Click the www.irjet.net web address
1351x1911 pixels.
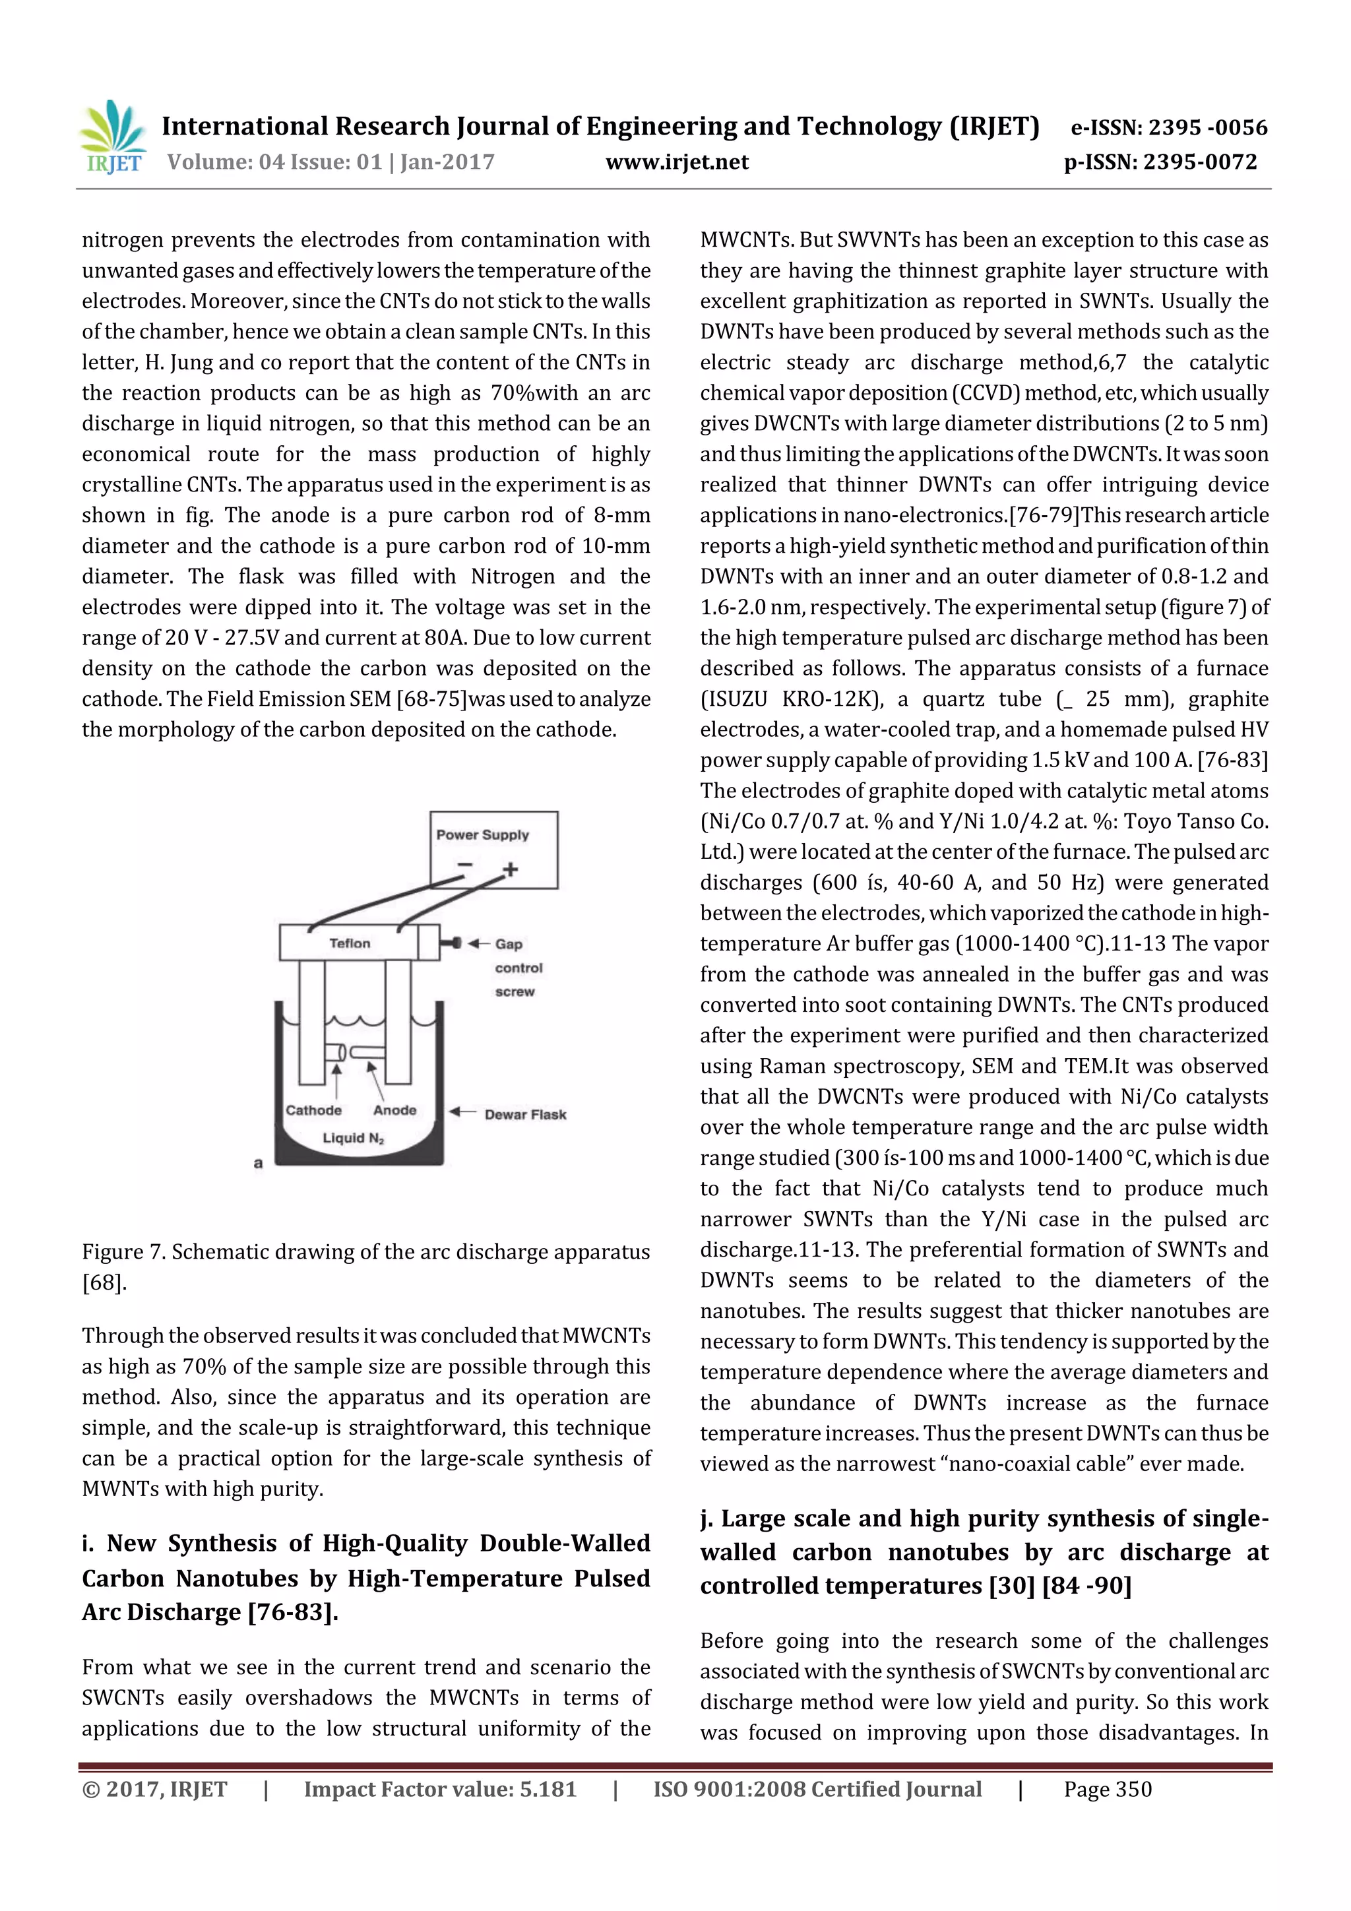pyautogui.click(x=677, y=162)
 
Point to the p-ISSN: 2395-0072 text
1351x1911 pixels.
pyautogui.click(x=1160, y=162)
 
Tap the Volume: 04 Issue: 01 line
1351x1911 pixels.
pyautogui.click(x=330, y=162)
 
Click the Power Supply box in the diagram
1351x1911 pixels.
pyautogui.click(x=493, y=849)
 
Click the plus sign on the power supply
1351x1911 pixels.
pyautogui.click(x=511, y=869)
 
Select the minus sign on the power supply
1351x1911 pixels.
pyautogui.click(x=464, y=865)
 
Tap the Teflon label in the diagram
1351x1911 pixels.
pyautogui.click(x=350, y=943)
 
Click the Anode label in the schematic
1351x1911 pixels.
pyautogui.click(x=394, y=1110)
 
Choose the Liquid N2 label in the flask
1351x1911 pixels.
pyautogui.click(x=354, y=1138)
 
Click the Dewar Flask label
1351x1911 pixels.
pyautogui.click(x=525, y=1114)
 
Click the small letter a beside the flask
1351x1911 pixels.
pyautogui.click(x=258, y=1164)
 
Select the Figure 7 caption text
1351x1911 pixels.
pyautogui.click(x=365, y=1266)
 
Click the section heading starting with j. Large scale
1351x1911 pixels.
pyautogui.click(x=984, y=1551)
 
